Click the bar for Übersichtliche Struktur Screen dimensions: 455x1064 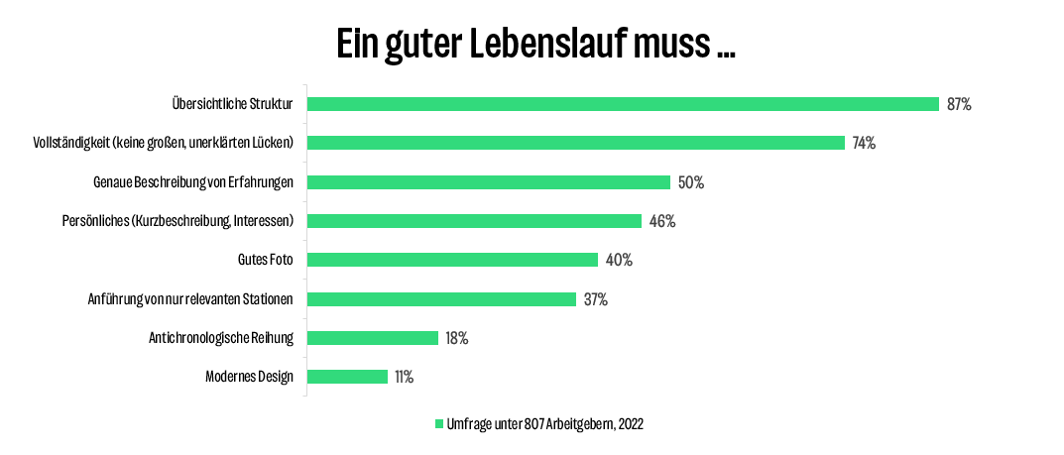coord(623,104)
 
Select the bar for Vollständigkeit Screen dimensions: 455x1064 coord(575,143)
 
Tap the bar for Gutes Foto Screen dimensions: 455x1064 coord(452,260)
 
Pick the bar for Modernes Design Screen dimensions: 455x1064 coord(347,377)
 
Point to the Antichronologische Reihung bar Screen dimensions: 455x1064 coord(372,338)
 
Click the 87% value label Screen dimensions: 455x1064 coord(959,104)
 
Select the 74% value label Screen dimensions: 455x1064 coord(864,143)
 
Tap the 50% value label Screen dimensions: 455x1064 coord(691,182)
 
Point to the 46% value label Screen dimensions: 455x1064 coord(662,221)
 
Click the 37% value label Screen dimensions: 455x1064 coord(595,299)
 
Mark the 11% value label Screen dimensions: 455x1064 coord(404,377)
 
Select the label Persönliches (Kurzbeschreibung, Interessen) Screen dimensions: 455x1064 coord(177,221)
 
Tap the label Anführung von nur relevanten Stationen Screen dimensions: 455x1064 coord(190,299)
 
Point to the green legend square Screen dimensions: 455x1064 coord(439,423)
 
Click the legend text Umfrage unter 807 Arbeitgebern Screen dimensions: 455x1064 coord(546,423)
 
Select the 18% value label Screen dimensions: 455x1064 coord(456,338)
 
